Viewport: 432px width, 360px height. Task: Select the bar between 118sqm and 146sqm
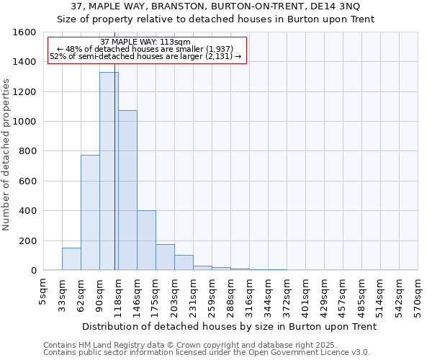127,190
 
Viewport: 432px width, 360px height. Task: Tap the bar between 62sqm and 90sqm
90,212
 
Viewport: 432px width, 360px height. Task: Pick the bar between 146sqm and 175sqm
146,240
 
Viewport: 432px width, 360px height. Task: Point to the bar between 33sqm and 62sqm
71,259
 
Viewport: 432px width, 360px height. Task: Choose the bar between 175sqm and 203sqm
165,257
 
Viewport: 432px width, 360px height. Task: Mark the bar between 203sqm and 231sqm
184,263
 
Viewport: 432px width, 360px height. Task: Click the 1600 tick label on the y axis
24,32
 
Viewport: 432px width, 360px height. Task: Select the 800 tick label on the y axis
27,151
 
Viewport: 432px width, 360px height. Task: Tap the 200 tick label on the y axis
27,240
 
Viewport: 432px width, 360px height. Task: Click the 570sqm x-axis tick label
418,297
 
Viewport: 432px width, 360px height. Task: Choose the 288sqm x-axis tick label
230,297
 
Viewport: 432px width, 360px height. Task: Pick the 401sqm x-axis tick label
306,297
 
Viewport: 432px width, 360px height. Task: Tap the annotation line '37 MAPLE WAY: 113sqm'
145,42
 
